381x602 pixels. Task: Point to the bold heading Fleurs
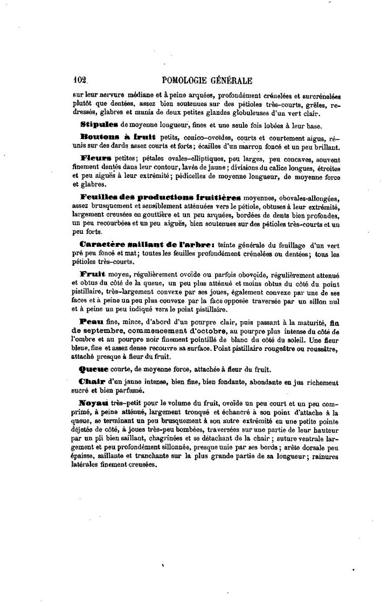96,158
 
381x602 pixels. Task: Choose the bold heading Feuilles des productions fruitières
161,197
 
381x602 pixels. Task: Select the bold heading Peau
91,321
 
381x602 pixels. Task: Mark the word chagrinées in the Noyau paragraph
189,440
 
